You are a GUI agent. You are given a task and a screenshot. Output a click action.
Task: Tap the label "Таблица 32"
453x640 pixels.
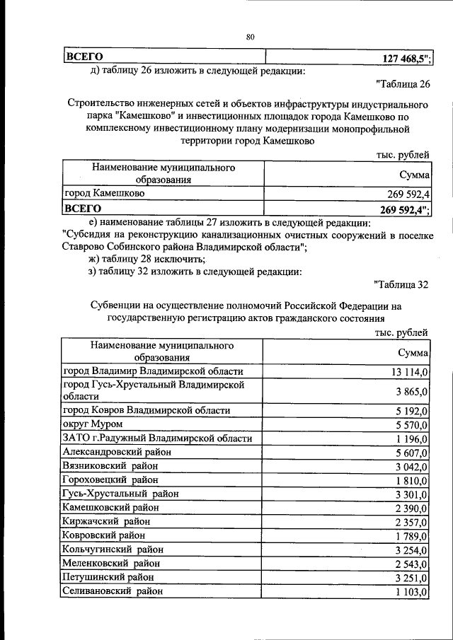click(x=401, y=285)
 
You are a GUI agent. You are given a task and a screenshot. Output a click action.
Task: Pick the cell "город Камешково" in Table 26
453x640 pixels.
click(x=104, y=194)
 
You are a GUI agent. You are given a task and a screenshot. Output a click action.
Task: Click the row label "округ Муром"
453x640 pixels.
click(x=93, y=424)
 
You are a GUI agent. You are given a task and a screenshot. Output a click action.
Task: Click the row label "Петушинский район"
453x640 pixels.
click(x=108, y=577)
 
